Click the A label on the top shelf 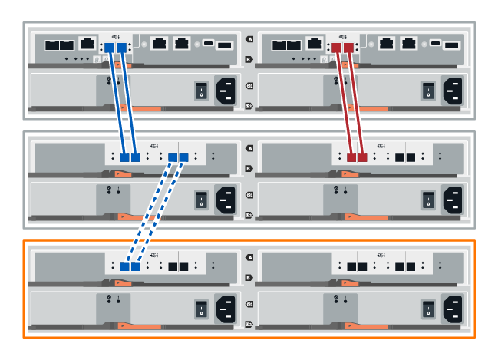249,39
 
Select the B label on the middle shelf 249,167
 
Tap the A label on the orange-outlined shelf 249,257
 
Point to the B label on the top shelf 249,58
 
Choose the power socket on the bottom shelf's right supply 452,309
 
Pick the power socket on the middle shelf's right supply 452,200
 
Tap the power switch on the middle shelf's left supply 201,200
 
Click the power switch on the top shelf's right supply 427,91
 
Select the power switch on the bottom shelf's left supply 201,309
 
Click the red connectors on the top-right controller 343,48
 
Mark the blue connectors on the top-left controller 115,48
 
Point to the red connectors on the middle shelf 357,157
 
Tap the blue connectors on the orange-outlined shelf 130,266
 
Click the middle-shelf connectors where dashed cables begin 179,157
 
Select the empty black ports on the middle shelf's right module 404,157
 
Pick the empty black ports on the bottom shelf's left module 179,266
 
